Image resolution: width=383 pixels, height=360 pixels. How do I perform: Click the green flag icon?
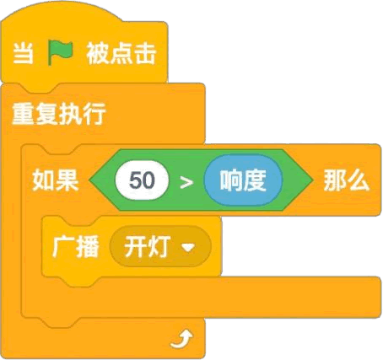pos(60,52)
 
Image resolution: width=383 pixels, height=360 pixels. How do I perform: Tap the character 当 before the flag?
pos(24,53)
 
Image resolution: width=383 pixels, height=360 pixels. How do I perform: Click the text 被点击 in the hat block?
pos(121,53)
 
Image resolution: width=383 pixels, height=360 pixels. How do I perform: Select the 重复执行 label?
pos(59,114)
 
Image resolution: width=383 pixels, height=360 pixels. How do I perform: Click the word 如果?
pos(56,180)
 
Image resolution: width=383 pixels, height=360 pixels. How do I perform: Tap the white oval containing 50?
pos(142,180)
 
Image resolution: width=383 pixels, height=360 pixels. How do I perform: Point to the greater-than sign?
pos(186,182)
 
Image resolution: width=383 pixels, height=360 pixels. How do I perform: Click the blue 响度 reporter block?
pos(243,180)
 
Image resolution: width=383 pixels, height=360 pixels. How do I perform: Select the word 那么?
pos(347,180)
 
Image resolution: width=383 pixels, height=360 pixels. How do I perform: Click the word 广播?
pos(76,246)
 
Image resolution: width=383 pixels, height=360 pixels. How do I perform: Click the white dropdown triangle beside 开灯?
pos(188,247)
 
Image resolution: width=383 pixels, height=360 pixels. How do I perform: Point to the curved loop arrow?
pos(181,339)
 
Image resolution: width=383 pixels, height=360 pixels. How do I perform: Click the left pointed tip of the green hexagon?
pos(89,180)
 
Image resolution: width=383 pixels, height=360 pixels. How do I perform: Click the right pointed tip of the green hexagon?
pos(313,180)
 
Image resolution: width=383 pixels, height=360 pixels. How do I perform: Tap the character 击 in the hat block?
pos(145,53)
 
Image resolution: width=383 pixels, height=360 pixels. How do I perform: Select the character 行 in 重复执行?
pos(94,114)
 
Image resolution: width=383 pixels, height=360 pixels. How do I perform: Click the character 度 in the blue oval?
pos(255,180)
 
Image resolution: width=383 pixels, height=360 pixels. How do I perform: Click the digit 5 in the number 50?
pos(135,180)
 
